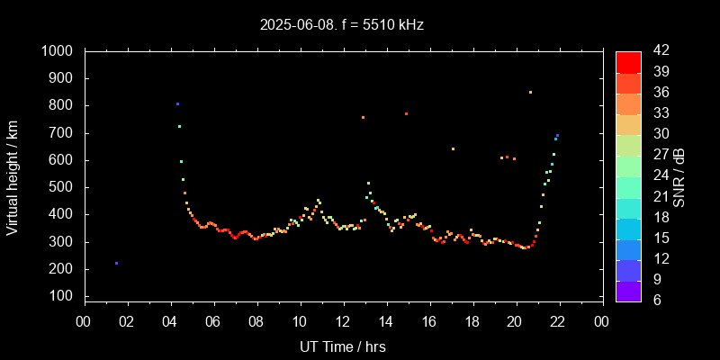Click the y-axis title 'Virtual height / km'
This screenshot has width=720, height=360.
coord(13,180)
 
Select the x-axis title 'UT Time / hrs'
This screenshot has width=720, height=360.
coord(343,346)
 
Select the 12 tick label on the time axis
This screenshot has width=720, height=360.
coord(343,320)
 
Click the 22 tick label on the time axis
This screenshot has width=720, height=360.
coord(559,320)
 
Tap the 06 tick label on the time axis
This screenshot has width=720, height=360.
coord(213,320)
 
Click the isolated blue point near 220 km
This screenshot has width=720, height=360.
coord(116,263)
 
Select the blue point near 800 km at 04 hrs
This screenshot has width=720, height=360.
coord(177,104)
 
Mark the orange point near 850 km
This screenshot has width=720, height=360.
coord(530,92)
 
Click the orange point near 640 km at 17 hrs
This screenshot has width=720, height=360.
coord(453,148)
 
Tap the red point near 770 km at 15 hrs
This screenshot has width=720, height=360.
coord(406,113)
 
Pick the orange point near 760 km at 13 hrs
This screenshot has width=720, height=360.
coord(363,117)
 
